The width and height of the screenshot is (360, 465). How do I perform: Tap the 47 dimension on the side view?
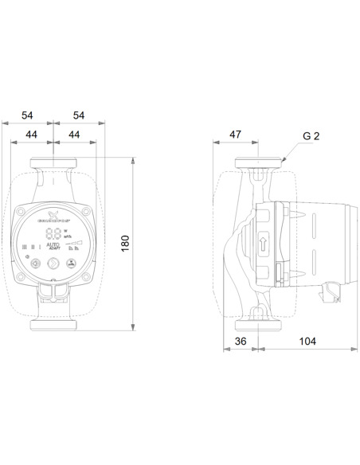[235, 135]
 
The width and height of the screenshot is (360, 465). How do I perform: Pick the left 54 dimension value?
[26, 115]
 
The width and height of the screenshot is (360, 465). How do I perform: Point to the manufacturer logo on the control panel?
[53, 217]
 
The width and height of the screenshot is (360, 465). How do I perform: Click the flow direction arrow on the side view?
[264, 240]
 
